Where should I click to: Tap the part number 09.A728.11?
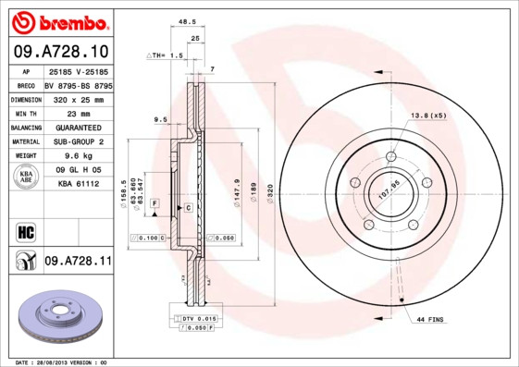click(x=79, y=262)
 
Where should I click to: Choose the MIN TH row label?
click(x=25, y=113)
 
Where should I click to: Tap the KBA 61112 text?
click(x=79, y=184)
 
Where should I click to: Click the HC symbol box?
click(x=25, y=231)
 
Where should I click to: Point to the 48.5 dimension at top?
click(x=186, y=21)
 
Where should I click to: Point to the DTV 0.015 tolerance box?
click(x=197, y=318)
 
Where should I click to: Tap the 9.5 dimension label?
click(x=160, y=119)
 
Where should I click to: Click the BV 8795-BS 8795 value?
click(x=79, y=84)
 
